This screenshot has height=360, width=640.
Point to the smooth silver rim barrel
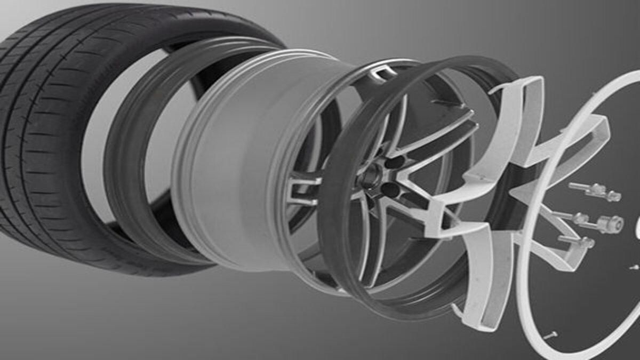pyautogui.click(x=224, y=160)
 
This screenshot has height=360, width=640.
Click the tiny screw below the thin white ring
pyautogui.click(x=551, y=335)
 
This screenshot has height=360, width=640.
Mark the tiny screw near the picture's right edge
pyautogui.click(x=634, y=267)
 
